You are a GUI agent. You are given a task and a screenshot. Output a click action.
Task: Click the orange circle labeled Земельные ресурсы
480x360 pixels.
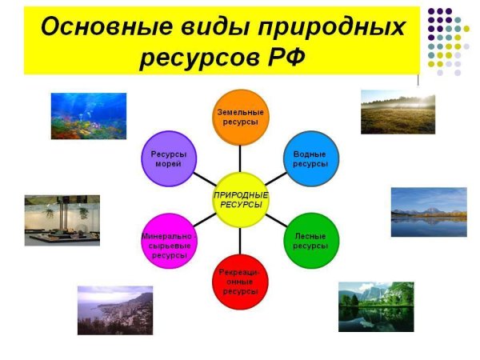[x=240, y=115]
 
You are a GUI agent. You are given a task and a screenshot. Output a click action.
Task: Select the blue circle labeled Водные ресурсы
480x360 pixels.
[x=310, y=158]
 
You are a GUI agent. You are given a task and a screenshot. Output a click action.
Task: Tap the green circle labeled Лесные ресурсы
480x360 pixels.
[x=310, y=241]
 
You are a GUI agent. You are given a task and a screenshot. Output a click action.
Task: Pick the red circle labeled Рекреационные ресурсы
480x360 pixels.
[x=240, y=282]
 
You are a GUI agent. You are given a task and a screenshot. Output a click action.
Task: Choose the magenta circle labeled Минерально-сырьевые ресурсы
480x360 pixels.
[x=169, y=241]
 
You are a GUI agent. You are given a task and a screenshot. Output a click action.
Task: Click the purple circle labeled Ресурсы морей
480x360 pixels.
[x=169, y=158]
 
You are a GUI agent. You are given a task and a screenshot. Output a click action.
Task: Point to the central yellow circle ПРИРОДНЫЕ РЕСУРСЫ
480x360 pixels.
[x=240, y=199]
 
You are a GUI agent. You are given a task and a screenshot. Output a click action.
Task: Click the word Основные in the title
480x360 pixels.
[x=97, y=26]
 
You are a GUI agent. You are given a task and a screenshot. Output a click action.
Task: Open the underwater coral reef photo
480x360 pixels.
[x=89, y=116]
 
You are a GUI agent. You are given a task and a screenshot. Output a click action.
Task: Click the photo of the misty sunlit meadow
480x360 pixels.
[x=398, y=111]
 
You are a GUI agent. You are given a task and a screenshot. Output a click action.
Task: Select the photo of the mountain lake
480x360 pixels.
[x=428, y=212]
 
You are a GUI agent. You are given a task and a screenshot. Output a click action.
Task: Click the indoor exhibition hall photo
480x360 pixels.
[x=62, y=219]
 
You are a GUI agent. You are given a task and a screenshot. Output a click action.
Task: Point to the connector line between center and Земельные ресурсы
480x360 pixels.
[x=240, y=156]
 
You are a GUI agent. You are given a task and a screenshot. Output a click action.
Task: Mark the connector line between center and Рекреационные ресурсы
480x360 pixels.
[x=240, y=240]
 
